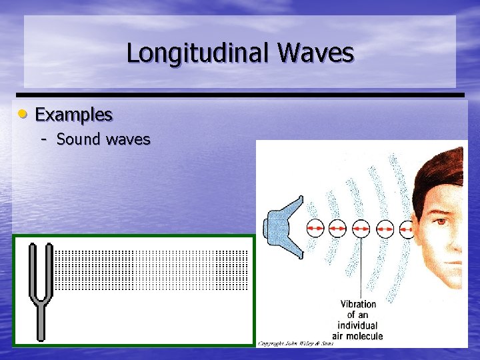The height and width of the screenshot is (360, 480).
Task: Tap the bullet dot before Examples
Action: point(23,114)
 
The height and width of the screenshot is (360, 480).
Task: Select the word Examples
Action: point(73,115)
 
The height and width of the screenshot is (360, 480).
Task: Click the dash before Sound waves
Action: point(44,139)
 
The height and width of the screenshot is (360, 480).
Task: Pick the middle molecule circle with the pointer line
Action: point(361,229)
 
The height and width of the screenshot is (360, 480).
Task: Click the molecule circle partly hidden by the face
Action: point(406,229)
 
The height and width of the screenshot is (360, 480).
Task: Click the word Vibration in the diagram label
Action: point(358,304)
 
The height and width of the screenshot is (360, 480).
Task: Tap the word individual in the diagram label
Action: point(358,325)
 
